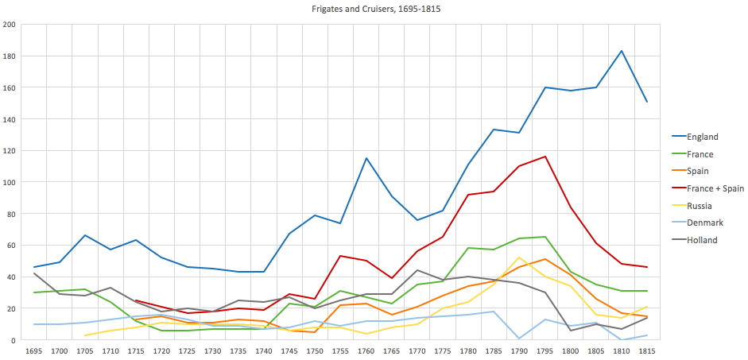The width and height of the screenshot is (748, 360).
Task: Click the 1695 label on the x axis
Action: click(34, 350)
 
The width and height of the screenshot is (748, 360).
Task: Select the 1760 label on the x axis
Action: click(366, 350)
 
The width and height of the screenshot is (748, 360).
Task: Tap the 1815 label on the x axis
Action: click(647, 350)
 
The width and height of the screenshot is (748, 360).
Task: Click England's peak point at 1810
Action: click(622, 51)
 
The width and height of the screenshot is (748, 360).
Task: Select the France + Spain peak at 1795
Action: click(545, 157)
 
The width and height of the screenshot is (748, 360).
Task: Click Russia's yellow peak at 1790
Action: click(519, 257)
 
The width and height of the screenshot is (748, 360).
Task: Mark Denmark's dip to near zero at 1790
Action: click(519, 339)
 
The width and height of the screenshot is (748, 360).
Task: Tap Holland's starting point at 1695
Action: click(34, 273)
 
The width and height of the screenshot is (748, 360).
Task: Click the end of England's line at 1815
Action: click(647, 102)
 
